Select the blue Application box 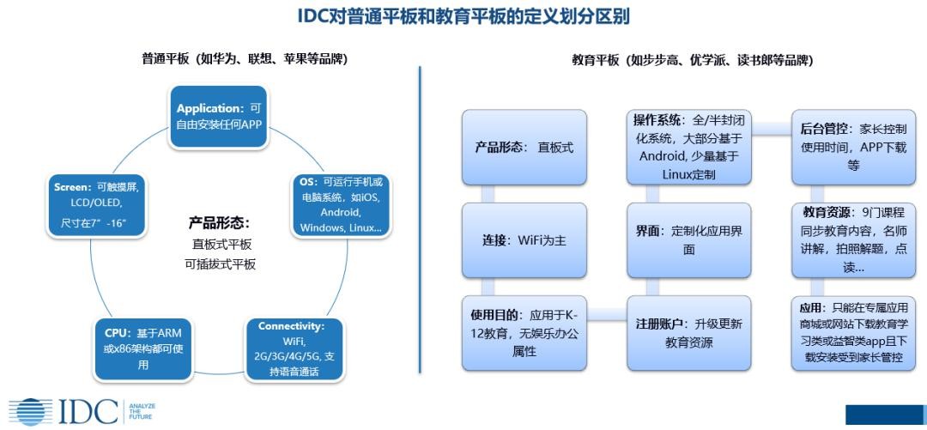click(x=218, y=116)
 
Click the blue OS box click(x=341, y=205)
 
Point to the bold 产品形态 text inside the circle click(x=219, y=222)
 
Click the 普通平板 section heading click(x=245, y=59)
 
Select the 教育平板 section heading click(x=692, y=60)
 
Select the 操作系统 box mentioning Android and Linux click(x=688, y=147)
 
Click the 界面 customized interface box click(x=688, y=240)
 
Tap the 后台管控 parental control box click(x=853, y=147)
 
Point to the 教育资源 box click(x=853, y=240)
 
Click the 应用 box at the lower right click(x=853, y=333)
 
